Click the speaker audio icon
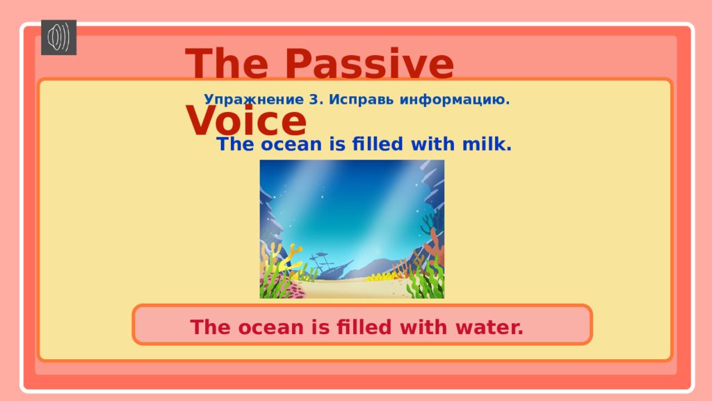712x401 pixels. click(x=58, y=38)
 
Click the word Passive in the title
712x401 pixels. click(x=369, y=63)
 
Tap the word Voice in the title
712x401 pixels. click(x=246, y=120)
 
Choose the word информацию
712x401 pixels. click(x=455, y=100)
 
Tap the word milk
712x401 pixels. click(x=487, y=143)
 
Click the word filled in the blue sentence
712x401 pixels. click(x=378, y=143)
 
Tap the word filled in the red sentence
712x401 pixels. click(x=364, y=327)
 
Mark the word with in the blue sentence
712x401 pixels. click(x=432, y=143)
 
